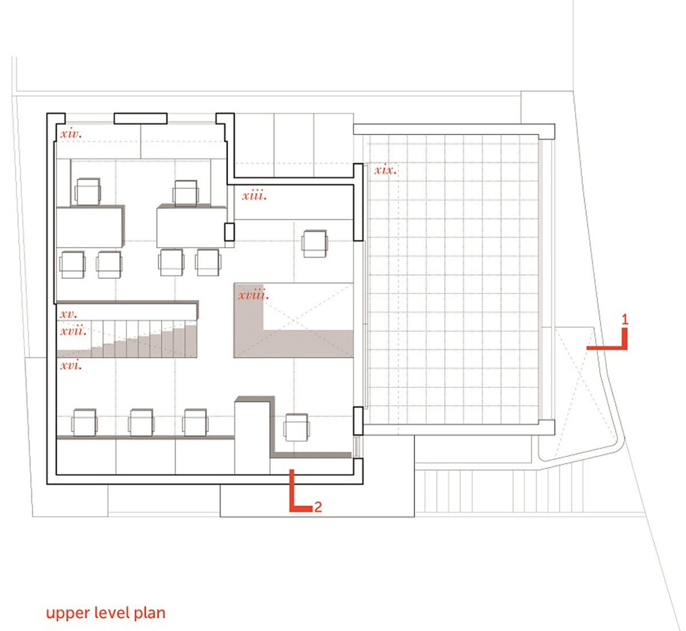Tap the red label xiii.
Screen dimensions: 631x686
pos(254,196)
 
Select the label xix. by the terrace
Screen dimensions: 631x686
pos(385,170)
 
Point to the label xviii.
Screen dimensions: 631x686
pos(253,296)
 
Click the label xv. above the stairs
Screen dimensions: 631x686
pos(68,314)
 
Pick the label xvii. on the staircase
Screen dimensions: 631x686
pos(73,331)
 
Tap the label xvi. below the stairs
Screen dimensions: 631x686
pos(70,364)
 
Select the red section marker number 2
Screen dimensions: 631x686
pos(318,507)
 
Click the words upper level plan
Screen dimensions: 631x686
pos(106,613)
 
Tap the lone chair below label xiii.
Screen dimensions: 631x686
pos(314,243)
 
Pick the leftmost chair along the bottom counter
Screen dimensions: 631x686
pos(85,422)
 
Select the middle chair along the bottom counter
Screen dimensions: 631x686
pos(141,422)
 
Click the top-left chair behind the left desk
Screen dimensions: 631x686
pos(87,191)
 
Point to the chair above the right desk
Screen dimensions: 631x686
pos(185,193)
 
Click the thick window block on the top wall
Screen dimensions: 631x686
pos(140,118)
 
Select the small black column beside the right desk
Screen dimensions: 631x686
pos(229,232)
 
